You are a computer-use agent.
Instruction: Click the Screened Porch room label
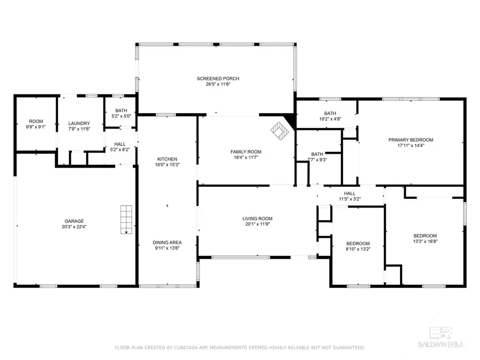[218, 79]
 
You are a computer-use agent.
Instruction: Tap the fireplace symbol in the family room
[280, 131]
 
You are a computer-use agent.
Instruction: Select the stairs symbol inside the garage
[126, 220]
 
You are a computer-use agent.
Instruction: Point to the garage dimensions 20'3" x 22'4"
[74, 227]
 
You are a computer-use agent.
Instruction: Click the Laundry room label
[79, 123]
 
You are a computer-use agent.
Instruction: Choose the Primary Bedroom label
[411, 140]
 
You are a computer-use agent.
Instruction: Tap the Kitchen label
[167, 159]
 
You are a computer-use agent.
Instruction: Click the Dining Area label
[167, 243]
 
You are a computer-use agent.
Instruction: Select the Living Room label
[258, 219]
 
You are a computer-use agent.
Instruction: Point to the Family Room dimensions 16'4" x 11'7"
[246, 157]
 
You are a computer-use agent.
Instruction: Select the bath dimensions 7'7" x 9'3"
[317, 160]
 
